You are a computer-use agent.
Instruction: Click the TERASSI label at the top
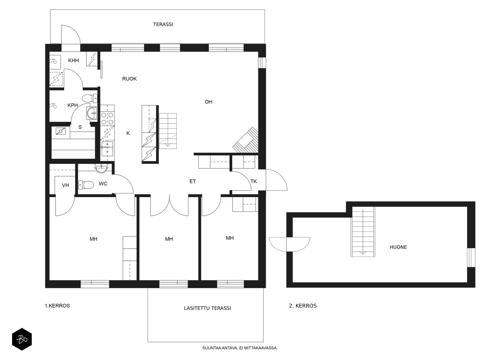pos(163,24)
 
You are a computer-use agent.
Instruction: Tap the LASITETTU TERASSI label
pos(207,308)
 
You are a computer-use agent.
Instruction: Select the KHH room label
pos(73,61)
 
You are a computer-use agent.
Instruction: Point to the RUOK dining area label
pos(130,79)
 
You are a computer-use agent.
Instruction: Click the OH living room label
pos(208,102)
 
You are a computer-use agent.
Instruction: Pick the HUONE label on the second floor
pos(398,247)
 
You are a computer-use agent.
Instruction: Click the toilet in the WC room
pos(86,185)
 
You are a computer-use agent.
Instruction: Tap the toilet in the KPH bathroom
pos(90,98)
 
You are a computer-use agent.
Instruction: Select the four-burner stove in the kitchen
pos(107,118)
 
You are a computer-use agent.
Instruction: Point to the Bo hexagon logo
pos(22,339)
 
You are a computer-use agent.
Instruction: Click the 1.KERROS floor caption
pos(57,306)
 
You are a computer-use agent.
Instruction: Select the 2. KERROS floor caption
pos(303,306)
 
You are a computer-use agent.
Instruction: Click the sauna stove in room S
pos(61,131)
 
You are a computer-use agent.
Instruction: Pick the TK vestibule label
pos(254,181)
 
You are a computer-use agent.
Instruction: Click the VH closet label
pos(65,185)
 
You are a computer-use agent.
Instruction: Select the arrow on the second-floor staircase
pos(363,232)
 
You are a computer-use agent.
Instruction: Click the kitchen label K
pos(128,133)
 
